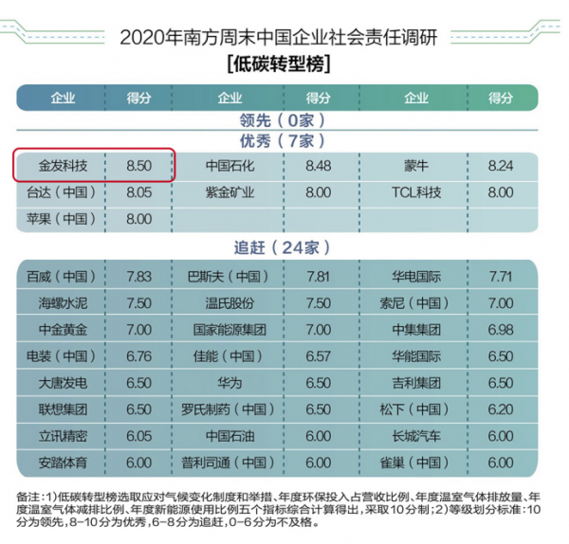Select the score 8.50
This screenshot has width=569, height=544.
[x=139, y=165]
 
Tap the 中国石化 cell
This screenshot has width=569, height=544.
[x=230, y=165]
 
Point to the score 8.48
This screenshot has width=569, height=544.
[x=320, y=165]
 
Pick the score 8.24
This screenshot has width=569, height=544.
[x=500, y=165]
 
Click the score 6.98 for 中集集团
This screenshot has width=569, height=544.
[x=500, y=330]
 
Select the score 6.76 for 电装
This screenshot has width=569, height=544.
[x=139, y=356]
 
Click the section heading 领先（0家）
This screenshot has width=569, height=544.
[x=282, y=119]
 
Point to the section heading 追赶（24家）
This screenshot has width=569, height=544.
[x=282, y=247]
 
